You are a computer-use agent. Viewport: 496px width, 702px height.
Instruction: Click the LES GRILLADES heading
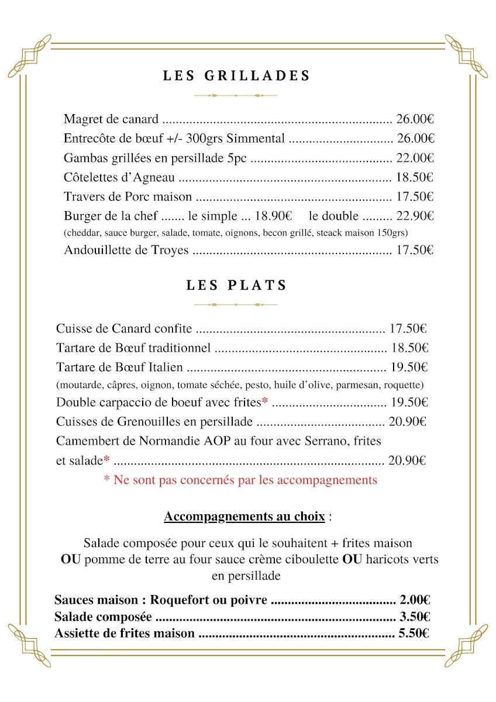pos(236,76)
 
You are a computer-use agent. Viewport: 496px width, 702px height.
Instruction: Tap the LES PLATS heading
pos(236,285)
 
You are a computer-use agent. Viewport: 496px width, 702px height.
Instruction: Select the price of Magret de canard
pos(415,120)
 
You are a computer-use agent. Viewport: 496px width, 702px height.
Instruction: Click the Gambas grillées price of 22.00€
pos(415,158)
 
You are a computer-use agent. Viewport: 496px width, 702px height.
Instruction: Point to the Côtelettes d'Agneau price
pos(415,177)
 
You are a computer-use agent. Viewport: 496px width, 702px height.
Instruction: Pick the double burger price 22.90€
pos(415,216)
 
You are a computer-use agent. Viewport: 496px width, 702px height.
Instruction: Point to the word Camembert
pos(88,441)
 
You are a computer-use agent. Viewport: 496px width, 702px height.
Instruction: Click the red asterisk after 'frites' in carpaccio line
pos(265,401)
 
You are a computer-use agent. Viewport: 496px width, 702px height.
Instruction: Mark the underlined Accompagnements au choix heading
pos(244,517)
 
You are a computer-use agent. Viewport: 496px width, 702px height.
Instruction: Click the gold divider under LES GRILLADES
pos(236,95)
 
